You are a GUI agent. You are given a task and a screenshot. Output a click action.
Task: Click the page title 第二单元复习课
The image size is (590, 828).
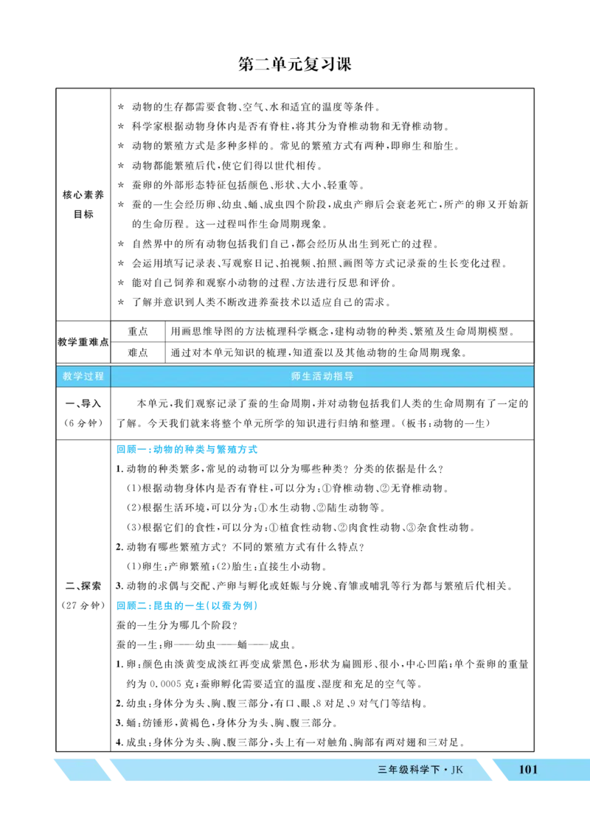(295, 64)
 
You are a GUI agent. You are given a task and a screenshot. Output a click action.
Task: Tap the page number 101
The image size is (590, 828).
(527, 769)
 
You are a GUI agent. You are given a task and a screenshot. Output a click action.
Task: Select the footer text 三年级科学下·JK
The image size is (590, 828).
(420, 770)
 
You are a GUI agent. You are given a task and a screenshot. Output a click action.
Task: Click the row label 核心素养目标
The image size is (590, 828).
(83, 204)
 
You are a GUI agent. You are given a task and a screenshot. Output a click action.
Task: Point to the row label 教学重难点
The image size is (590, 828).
(83, 342)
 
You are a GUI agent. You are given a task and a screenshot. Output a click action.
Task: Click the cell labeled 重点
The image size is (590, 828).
(138, 332)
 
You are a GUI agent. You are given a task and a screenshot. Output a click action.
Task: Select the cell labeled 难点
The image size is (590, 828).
(138, 352)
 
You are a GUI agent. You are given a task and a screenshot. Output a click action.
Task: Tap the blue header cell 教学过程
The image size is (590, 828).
(83, 377)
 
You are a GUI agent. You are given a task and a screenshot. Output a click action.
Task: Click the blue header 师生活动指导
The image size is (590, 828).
(322, 377)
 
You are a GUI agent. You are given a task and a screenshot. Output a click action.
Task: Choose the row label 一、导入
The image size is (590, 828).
(83, 404)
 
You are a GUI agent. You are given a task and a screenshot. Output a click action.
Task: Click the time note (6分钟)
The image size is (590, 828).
(83, 423)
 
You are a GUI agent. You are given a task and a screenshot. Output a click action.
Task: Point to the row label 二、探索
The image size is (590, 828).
(83, 586)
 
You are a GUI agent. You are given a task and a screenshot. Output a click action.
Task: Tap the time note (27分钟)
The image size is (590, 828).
(83, 605)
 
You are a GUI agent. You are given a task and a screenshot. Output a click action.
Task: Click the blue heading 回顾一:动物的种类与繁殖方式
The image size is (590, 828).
(187, 449)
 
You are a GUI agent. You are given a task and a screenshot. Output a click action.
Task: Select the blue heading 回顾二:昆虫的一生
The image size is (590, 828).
(187, 605)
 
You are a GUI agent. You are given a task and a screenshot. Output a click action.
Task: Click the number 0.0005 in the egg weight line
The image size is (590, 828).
(165, 683)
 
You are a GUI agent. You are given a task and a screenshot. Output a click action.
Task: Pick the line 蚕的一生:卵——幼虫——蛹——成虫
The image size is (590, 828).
(205, 644)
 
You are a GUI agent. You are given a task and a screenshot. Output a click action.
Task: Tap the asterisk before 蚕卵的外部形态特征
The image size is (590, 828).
(121, 185)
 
